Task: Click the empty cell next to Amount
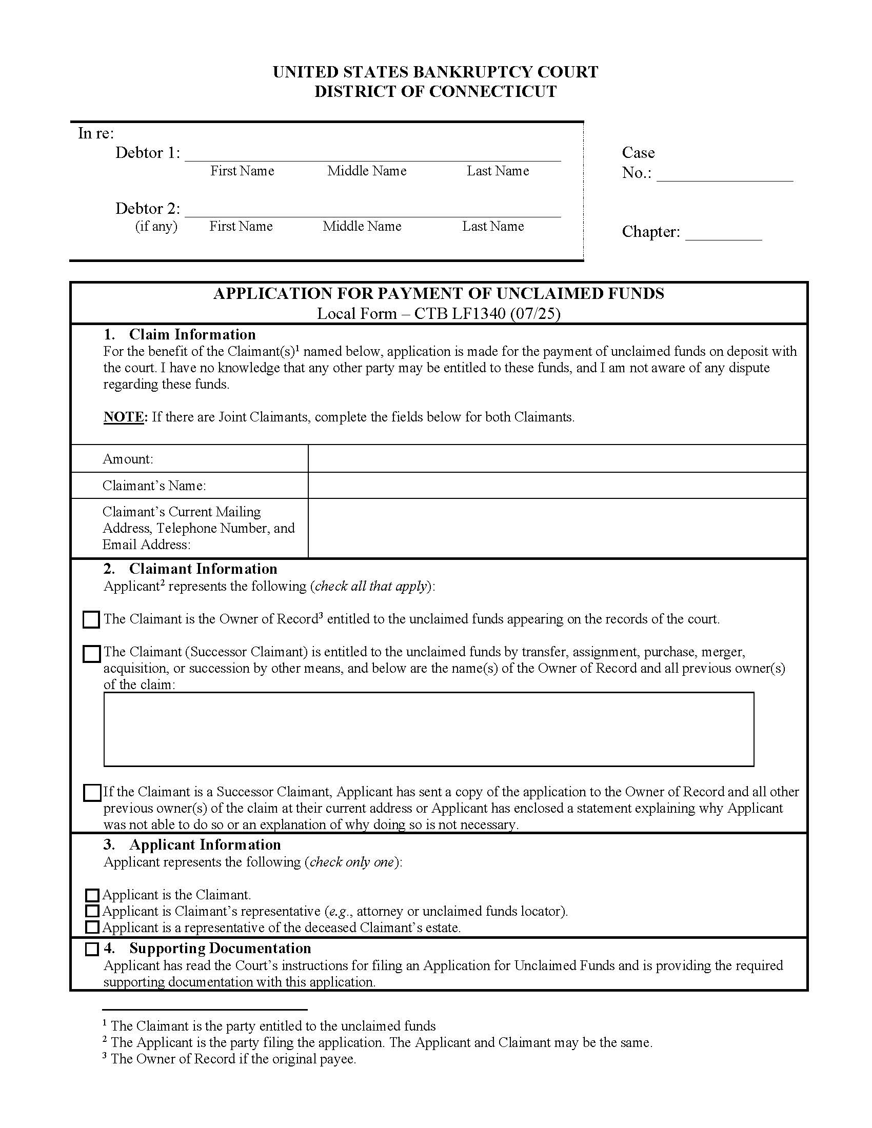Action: click(557, 459)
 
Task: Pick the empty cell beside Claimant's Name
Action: click(557, 486)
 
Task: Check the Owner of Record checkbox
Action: click(91, 620)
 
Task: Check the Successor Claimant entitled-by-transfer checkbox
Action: click(91, 654)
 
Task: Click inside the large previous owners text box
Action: click(429, 729)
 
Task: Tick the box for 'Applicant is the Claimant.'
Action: click(92, 895)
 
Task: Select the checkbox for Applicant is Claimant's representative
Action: click(92, 911)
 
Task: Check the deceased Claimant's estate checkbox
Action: click(92, 928)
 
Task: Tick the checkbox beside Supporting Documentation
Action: click(92, 949)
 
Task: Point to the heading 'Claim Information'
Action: click(192, 335)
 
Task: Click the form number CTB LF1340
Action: click(460, 314)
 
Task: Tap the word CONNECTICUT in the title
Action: click(493, 92)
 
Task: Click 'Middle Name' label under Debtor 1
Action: click(367, 171)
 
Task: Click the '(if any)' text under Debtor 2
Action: click(156, 226)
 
